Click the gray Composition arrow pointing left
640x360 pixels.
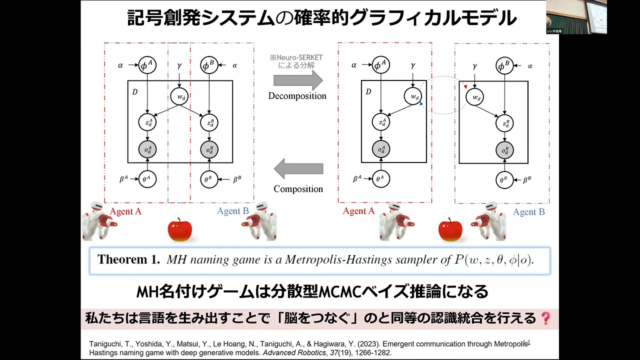tap(298, 169)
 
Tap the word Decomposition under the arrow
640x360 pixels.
tap(297, 96)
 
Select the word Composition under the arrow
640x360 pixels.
tap(298, 189)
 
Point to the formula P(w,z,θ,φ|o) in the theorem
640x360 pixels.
tap(493, 259)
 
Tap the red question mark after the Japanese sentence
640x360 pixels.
tap(545, 318)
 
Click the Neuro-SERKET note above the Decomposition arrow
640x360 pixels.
tap(296, 61)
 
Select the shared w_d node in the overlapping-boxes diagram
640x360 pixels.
tap(179, 96)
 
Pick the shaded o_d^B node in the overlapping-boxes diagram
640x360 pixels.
tap(210, 149)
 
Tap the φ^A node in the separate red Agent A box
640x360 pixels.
tap(380, 65)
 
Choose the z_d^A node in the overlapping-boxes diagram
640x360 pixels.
tap(147, 122)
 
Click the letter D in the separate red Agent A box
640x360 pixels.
tap(368, 92)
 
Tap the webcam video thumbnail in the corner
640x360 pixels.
tap(576, 17)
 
